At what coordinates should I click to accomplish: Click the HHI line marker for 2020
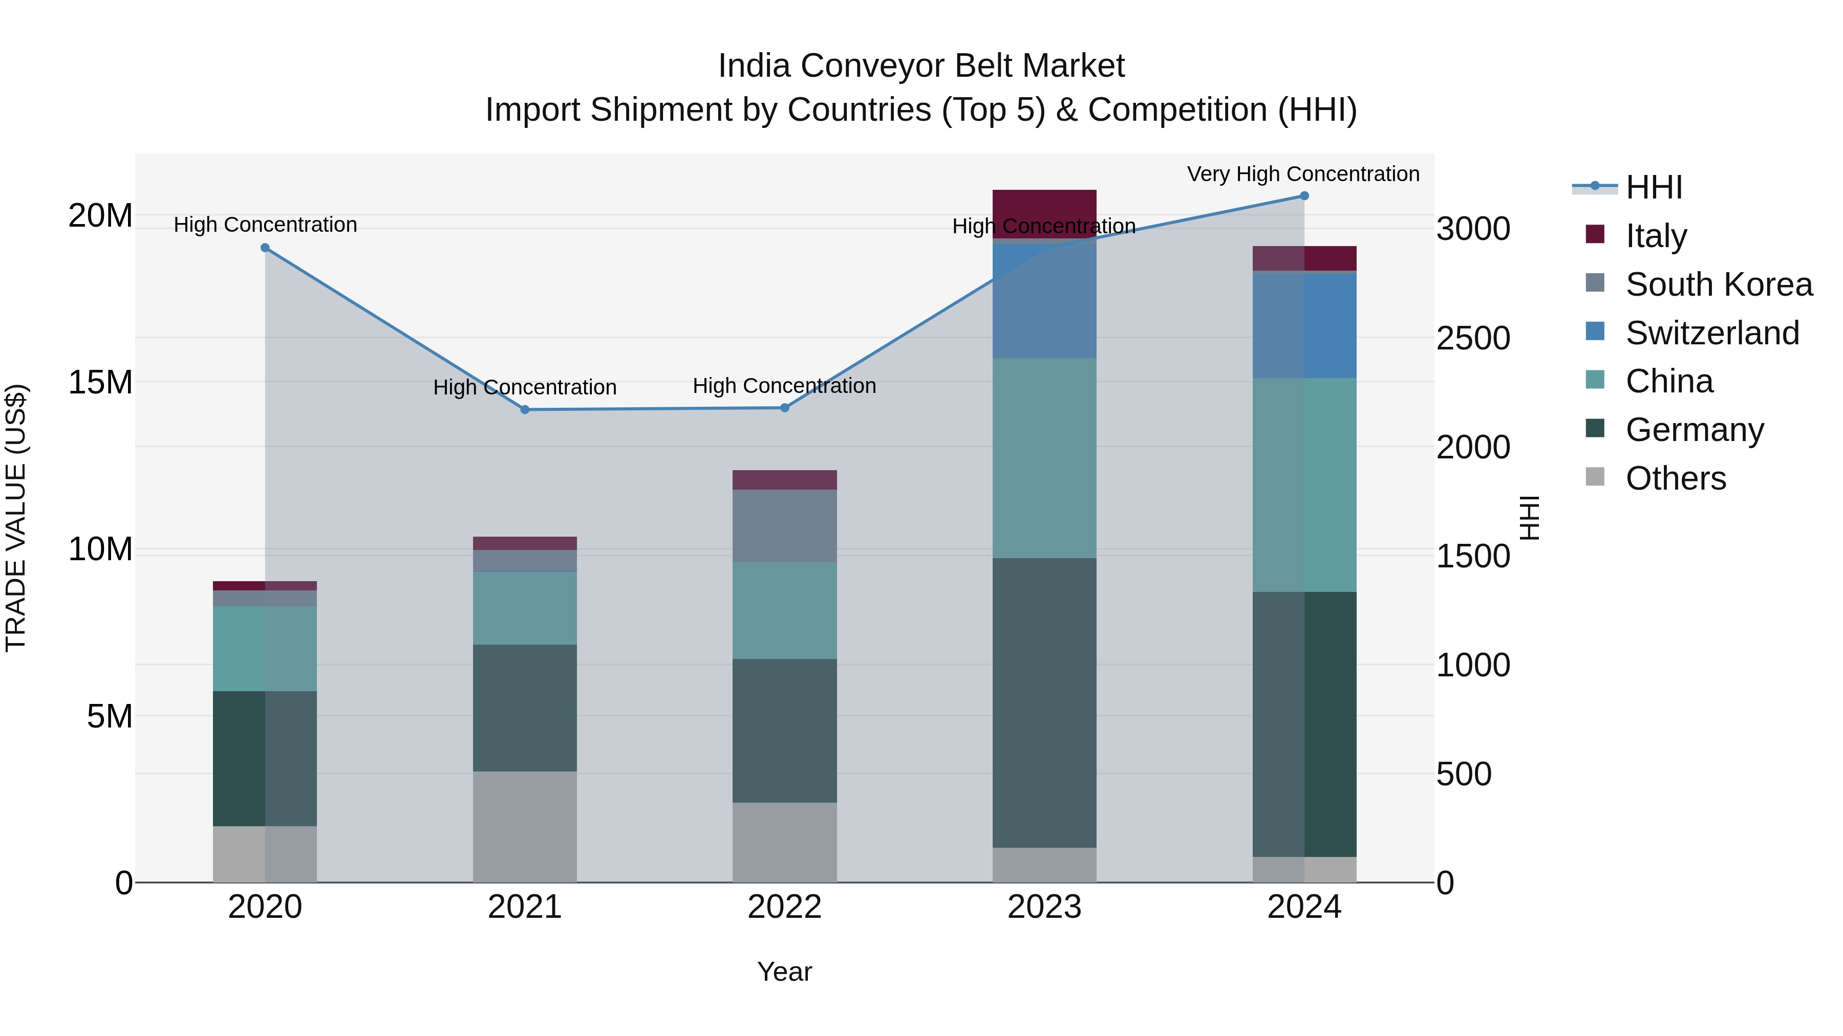pyautogui.click(x=265, y=248)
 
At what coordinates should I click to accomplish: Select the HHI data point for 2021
pyautogui.click(x=524, y=410)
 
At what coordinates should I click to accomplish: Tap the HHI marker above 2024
pyautogui.click(x=1303, y=196)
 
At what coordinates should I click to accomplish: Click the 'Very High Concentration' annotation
pyautogui.click(x=1303, y=174)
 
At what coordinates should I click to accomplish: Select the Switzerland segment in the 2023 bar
pyautogui.click(x=1044, y=300)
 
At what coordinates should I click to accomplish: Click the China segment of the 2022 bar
pyautogui.click(x=784, y=610)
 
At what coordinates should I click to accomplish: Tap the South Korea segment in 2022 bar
pyautogui.click(x=784, y=525)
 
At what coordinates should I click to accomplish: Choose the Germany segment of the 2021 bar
pyautogui.click(x=524, y=708)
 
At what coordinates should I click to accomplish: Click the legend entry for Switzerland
pyautogui.click(x=1711, y=333)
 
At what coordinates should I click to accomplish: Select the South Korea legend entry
pyautogui.click(x=1719, y=284)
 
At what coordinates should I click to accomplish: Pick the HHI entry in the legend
pyautogui.click(x=1654, y=187)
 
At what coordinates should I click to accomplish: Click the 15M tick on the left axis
pyautogui.click(x=100, y=383)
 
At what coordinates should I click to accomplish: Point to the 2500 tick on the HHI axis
pyautogui.click(x=1473, y=338)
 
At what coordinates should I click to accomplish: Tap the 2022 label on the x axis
pyautogui.click(x=784, y=907)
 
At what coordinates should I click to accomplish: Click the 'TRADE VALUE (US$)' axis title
pyautogui.click(x=16, y=518)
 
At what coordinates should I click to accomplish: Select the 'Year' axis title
pyautogui.click(x=784, y=972)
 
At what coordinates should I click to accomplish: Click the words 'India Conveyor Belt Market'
pyautogui.click(x=921, y=66)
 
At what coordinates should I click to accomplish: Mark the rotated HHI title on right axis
pyautogui.click(x=1529, y=518)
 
